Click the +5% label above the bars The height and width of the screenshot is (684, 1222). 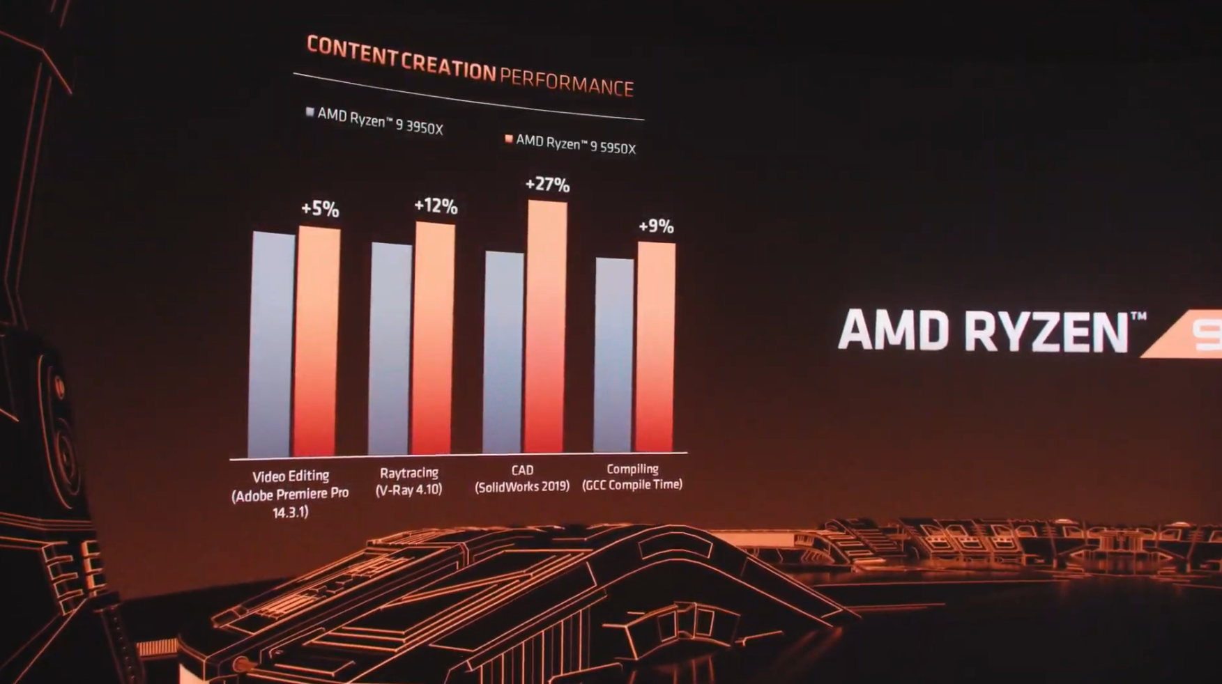[320, 209]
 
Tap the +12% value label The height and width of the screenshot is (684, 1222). [436, 206]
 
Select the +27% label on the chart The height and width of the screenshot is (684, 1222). [547, 185]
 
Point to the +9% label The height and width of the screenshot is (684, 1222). [656, 226]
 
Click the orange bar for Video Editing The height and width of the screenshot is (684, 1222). [318, 341]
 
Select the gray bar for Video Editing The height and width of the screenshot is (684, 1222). [273, 344]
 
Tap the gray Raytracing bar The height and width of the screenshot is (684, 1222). [390, 348]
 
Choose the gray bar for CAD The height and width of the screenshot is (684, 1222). [503, 352]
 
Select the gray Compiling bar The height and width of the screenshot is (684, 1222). [614, 355]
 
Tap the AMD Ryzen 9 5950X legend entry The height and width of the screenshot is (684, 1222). [570, 144]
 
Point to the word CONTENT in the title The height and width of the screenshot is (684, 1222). [352, 52]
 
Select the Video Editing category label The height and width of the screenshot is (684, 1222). [290, 476]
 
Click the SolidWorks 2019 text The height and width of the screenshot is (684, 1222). [522, 486]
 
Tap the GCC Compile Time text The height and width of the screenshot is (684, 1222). [632, 485]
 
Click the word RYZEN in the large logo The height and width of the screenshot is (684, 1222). [1046, 332]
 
